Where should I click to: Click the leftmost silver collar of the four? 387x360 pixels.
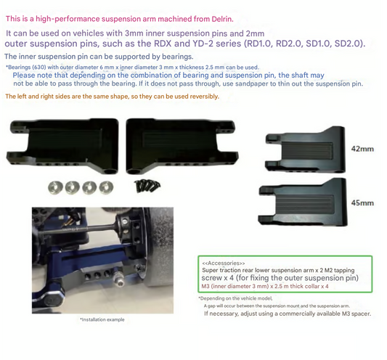[54, 186]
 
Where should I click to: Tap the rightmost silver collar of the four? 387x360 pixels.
[106, 186]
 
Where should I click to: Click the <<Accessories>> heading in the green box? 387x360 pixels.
[223, 263]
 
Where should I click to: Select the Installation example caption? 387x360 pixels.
[102, 319]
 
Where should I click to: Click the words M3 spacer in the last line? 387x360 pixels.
[353, 314]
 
